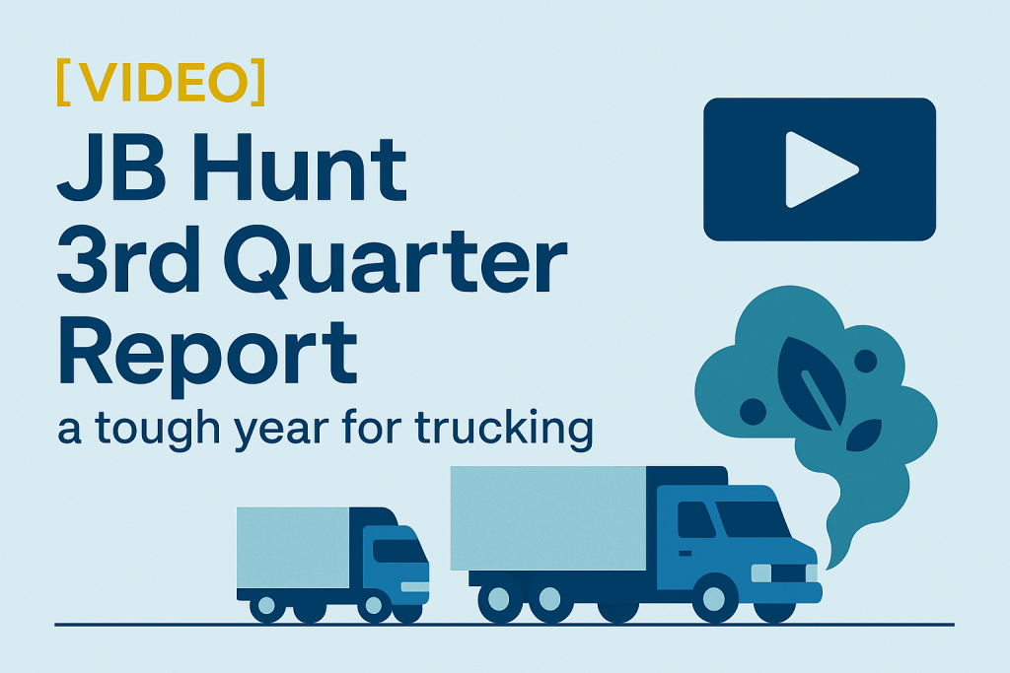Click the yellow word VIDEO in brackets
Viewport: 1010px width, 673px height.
(160, 83)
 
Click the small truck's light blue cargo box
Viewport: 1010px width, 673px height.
(293, 548)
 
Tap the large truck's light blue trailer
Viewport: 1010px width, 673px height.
(548, 516)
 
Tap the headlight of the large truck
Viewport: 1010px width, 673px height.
(760, 572)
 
